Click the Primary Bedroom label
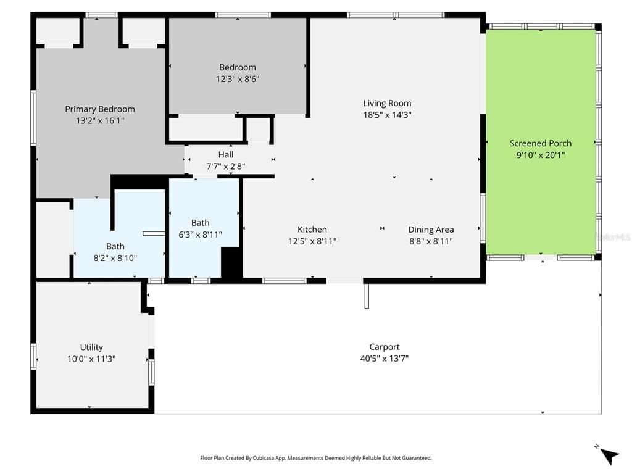100,109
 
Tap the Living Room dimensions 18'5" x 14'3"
388,115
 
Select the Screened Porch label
541,143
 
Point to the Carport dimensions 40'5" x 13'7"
385,359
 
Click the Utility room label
91,347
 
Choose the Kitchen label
312,230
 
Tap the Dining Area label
431,230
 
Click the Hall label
226,154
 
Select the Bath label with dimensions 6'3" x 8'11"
201,222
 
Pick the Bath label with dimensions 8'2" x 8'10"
115,246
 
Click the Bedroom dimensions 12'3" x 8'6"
238,79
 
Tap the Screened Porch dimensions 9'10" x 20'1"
541,155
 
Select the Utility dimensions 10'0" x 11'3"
91,359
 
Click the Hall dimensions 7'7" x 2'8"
226,166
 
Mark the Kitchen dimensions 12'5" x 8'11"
312,241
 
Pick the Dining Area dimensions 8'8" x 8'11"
431,241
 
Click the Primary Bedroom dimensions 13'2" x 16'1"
100,120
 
